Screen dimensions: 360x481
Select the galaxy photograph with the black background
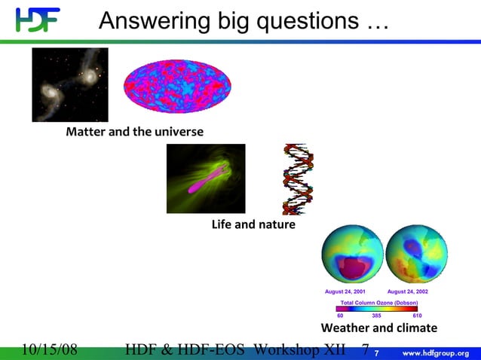pos(70,84)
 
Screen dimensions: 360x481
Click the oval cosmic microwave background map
pos(177,85)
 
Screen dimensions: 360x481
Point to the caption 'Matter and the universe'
pos(134,133)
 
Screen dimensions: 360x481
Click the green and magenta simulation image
pos(206,178)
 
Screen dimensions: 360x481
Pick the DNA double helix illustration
pos(298,179)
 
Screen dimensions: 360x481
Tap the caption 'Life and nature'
pos(253,225)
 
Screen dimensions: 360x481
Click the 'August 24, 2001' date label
pos(345,291)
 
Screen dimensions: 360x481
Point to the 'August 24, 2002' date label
pos(408,291)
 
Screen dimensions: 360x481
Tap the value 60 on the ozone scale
pos(340,316)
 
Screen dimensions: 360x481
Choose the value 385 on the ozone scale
pos(377,316)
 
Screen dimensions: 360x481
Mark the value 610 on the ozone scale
pos(417,316)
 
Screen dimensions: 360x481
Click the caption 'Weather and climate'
pos(379,328)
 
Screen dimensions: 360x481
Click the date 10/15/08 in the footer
pos(50,351)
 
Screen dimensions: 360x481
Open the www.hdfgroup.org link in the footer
pos(437,352)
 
